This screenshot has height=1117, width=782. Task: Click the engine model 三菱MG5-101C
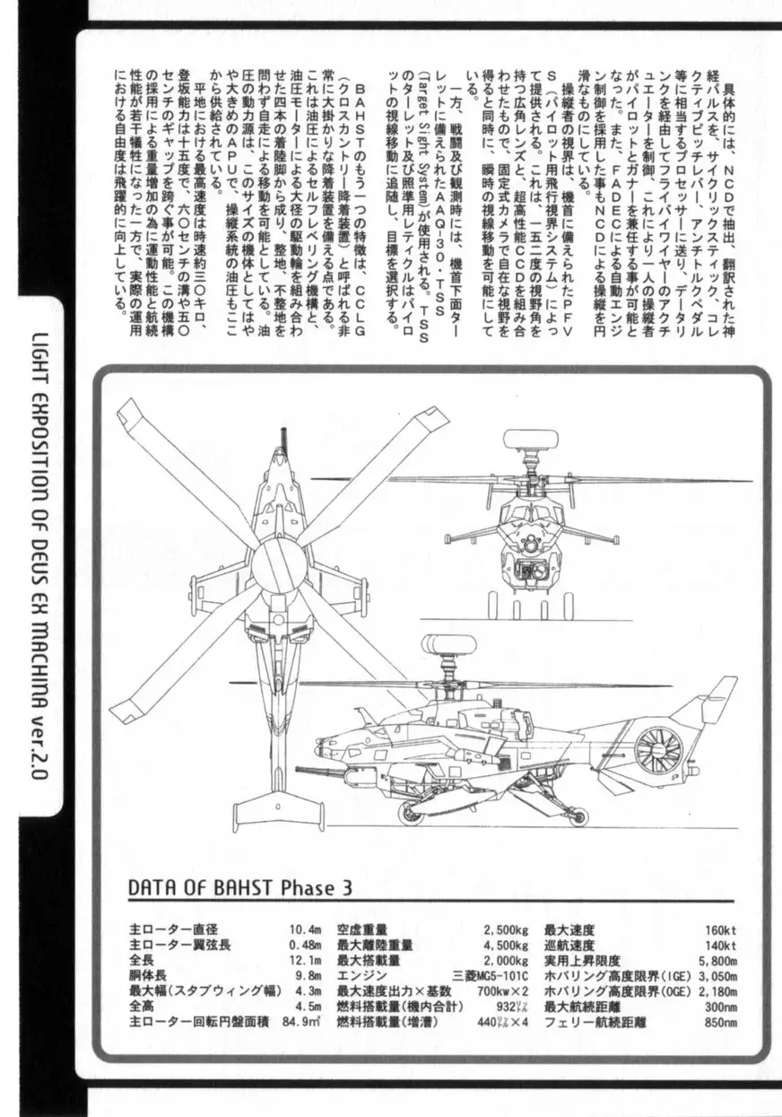point(491,976)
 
